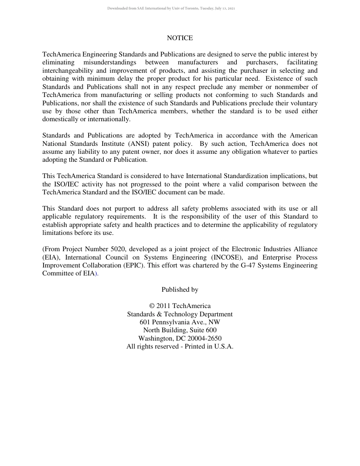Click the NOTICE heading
pos(180,38)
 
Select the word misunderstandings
pos(110,63)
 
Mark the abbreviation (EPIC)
pos(133,265)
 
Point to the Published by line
pos(180,289)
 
